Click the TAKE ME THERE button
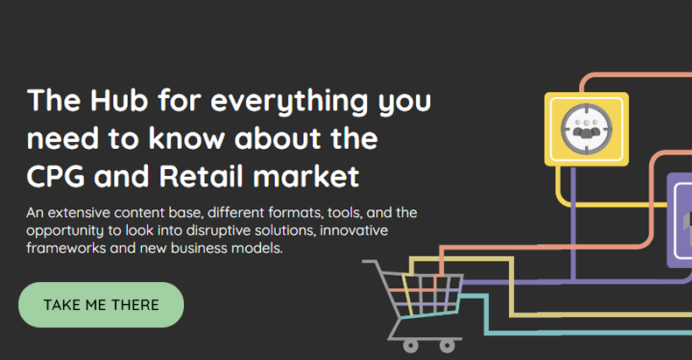coord(101,305)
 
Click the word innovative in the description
coord(356,230)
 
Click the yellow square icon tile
coord(586,129)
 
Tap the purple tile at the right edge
coord(680,219)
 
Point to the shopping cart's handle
coord(373,263)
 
